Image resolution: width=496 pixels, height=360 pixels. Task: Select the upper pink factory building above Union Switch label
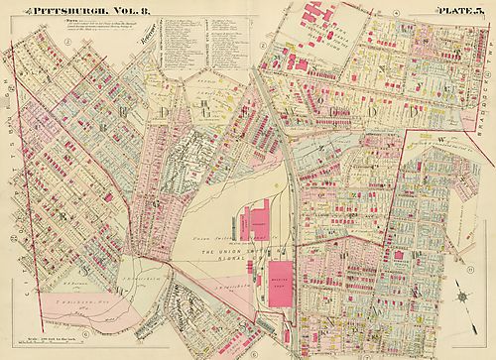tap(261, 218)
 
